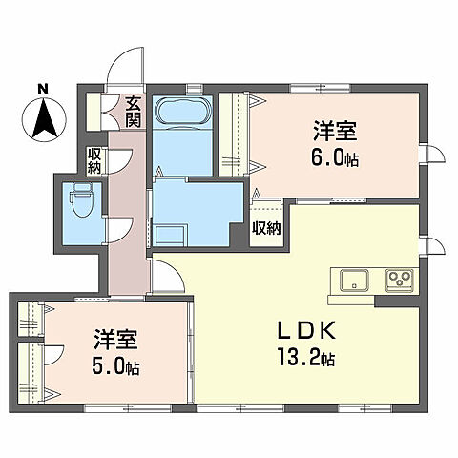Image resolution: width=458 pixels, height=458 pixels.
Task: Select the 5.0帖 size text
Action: tap(115, 367)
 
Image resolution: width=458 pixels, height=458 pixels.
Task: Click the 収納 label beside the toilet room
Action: tap(95, 159)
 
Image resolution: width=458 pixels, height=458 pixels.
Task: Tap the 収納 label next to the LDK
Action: tap(266, 228)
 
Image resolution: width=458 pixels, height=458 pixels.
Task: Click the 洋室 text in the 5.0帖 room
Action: tap(115, 340)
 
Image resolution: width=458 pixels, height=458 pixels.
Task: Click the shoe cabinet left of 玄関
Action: tap(96, 113)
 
